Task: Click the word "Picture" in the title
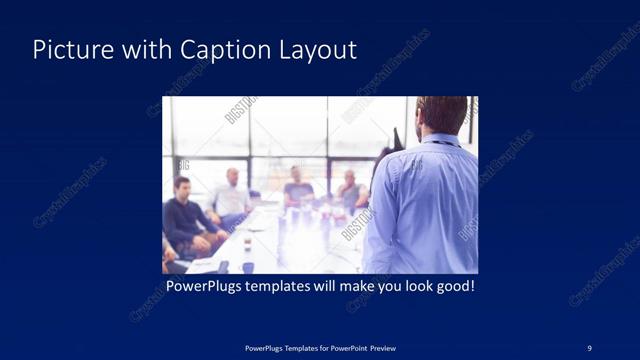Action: click(x=67, y=50)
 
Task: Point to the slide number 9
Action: click(x=590, y=347)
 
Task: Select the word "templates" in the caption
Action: click(x=284, y=286)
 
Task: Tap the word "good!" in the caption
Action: click(x=453, y=286)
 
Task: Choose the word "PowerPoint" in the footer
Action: click(x=341, y=347)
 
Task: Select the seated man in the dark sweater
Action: click(x=184, y=219)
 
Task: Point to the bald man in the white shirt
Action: click(x=232, y=194)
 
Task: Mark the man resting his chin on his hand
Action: click(x=349, y=190)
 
